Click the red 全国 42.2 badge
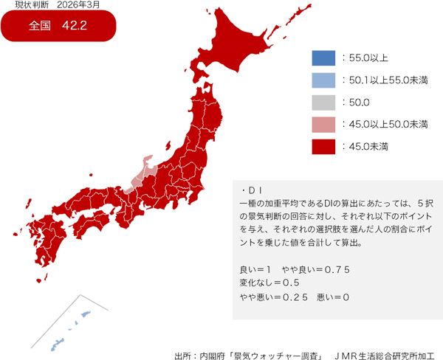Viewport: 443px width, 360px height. click(59, 27)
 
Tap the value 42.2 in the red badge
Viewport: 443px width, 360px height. click(75, 27)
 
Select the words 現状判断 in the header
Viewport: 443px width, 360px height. click(30, 5)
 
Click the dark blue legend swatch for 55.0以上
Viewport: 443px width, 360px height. click(323, 58)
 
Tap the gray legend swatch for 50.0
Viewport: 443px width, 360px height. click(323, 102)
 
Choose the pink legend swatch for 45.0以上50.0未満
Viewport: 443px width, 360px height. click(323, 124)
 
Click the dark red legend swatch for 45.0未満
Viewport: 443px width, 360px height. click(323, 146)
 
